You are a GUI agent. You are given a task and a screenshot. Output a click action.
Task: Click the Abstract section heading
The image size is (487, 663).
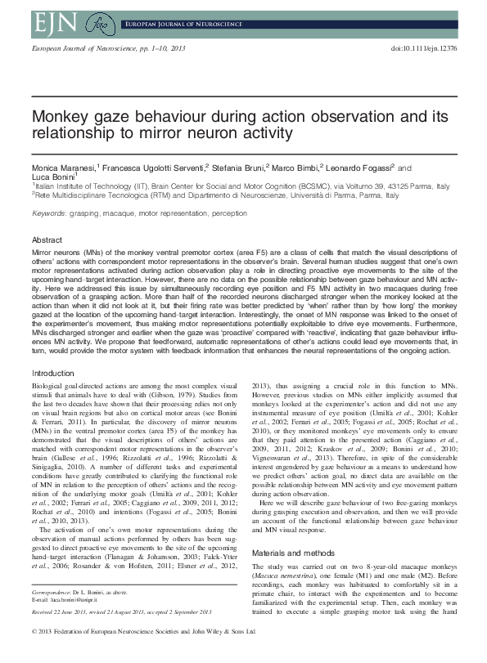click(46, 240)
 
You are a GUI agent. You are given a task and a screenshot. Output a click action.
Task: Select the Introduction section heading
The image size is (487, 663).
click(52, 373)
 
